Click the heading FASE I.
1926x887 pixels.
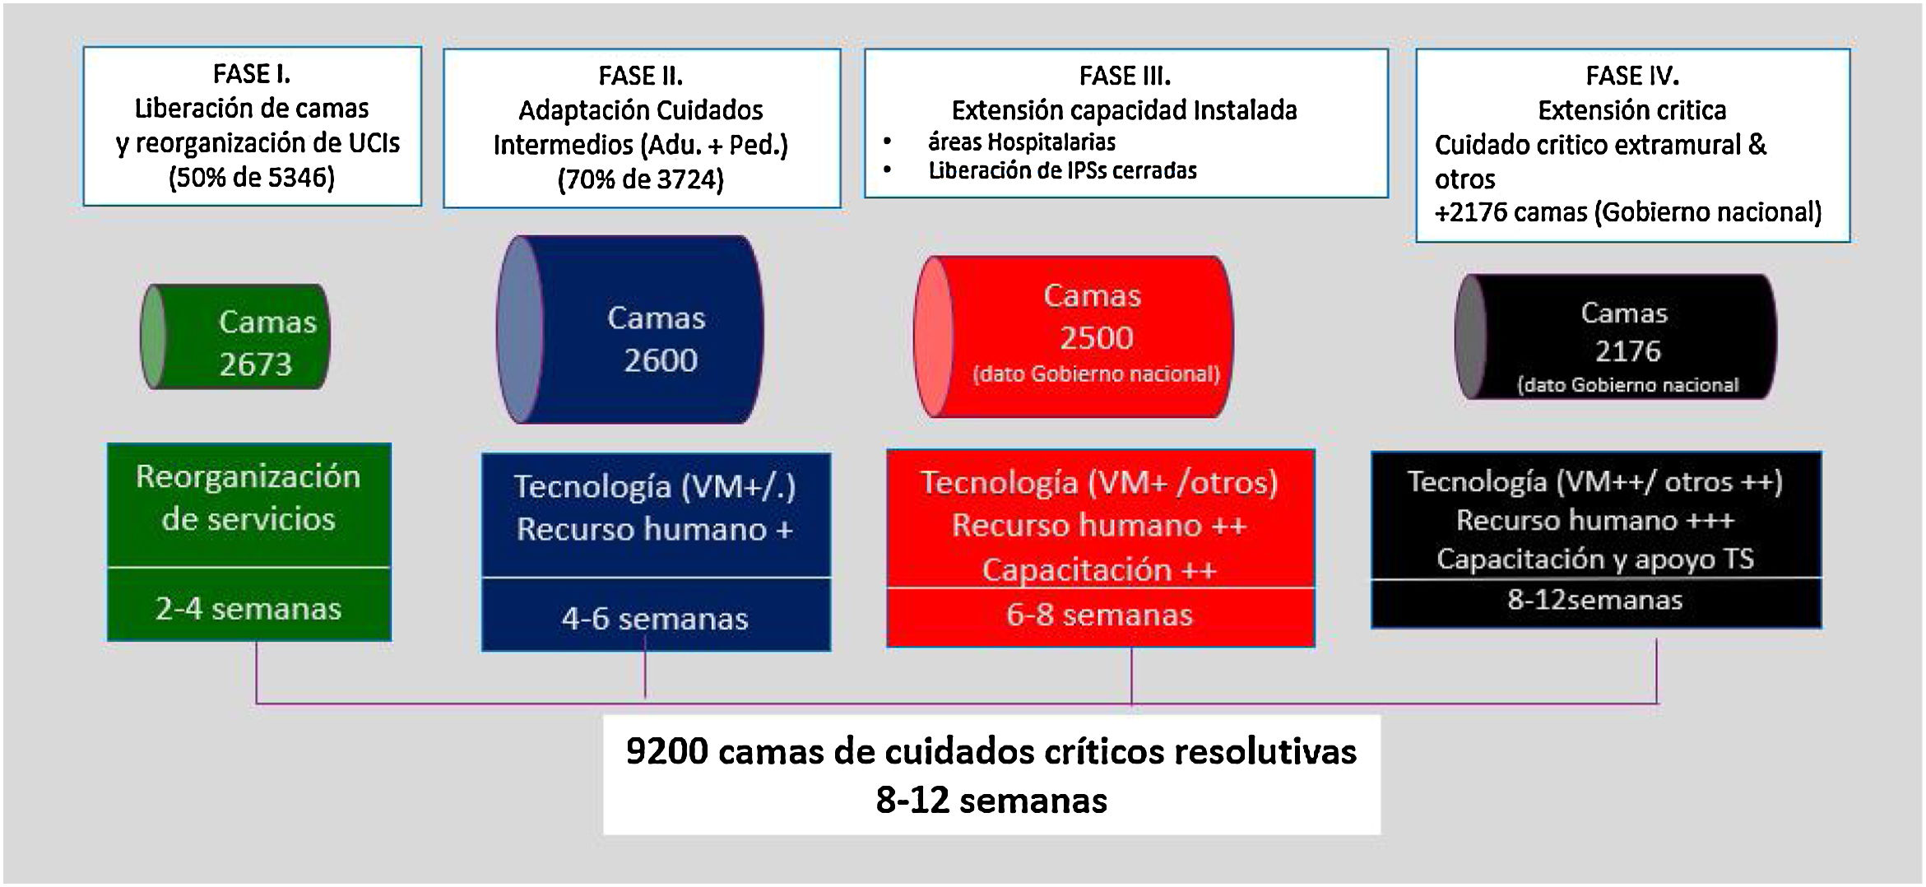coord(252,74)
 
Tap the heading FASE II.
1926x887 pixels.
coord(640,76)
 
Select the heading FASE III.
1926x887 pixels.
coord(1125,76)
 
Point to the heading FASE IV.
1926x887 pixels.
coord(1632,76)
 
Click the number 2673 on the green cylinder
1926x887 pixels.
coord(256,365)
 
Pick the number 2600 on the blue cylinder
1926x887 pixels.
coord(661,360)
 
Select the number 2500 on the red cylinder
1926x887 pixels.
coord(1096,338)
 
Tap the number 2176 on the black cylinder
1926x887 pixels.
coord(1627,351)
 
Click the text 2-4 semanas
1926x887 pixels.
coord(248,609)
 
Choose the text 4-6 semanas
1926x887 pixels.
coord(655,619)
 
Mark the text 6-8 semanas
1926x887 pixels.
coord(1099,615)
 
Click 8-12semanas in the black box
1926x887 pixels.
coord(1594,600)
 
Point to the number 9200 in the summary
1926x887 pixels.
coord(666,751)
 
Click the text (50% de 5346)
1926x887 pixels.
coord(252,178)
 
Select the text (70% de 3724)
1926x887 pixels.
coord(640,179)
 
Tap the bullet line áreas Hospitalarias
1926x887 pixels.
coord(1022,142)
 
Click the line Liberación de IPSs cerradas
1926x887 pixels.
coord(1062,171)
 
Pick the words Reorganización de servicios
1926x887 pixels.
coord(248,498)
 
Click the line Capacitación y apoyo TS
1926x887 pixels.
coord(1594,560)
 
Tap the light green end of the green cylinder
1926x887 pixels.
coord(153,337)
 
